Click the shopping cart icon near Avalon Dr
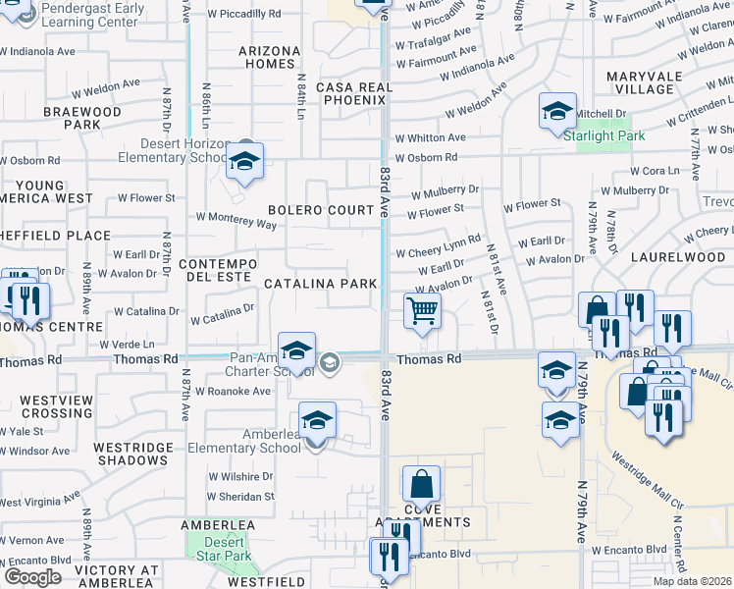click(422, 311)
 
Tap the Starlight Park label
click(604, 135)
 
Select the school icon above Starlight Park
click(557, 111)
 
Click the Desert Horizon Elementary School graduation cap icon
click(244, 161)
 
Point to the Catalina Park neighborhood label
click(321, 284)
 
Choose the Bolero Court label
click(322, 210)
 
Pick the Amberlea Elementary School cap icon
click(317, 420)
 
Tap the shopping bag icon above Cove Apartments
click(421, 484)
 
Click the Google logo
click(32, 577)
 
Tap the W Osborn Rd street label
click(427, 157)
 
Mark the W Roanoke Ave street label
click(233, 391)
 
